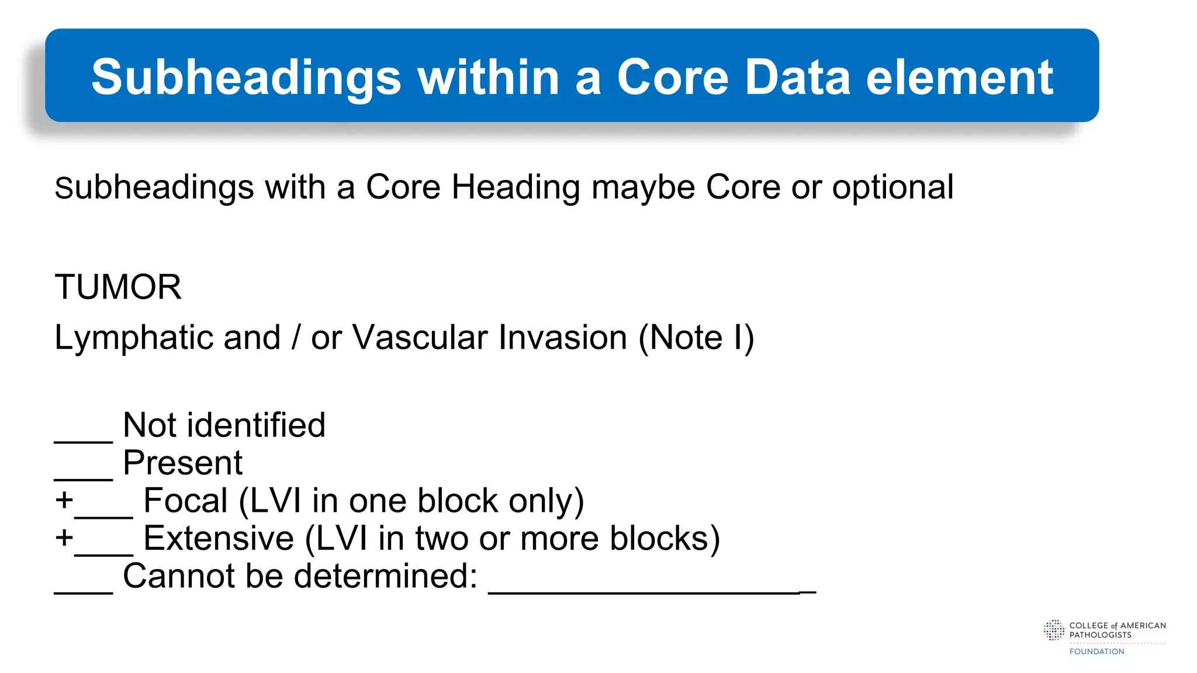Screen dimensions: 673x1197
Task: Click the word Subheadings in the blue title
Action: click(x=246, y=78)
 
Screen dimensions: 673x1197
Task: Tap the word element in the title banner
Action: click(x=960, y=78)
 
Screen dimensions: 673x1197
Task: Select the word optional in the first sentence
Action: click(x=892, y=188)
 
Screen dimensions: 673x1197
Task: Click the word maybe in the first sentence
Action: click(x=643, y=188)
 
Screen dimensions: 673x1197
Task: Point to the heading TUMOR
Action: click(x=118, y=287)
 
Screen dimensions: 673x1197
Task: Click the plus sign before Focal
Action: click(x=64, y=501)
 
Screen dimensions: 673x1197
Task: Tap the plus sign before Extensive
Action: click(x=64, y=538)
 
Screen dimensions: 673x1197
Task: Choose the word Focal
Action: click(x=185, y=501)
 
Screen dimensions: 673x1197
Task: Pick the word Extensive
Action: click(x=218, y=538)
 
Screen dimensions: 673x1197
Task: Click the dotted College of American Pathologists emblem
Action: click(x=1054, y=630)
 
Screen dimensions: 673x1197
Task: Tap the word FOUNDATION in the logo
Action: click(x=1096, y=651)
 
